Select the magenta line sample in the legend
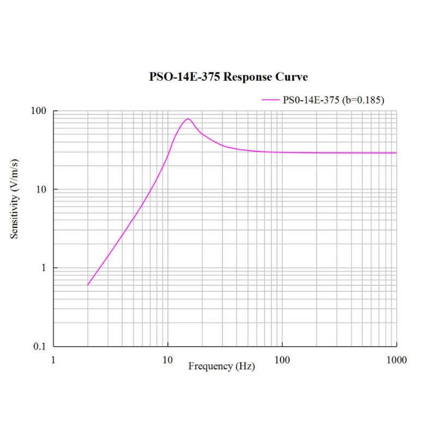coord(270,100)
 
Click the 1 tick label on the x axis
coord(53,360)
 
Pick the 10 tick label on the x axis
coord(167,360)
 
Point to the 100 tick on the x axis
coord(282,360)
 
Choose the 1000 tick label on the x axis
coord(396,360)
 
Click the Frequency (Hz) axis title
coord(221,366)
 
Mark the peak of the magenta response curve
coord(188,118)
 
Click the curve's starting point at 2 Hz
coord(88,285)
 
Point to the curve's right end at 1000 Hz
coord(396,153)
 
